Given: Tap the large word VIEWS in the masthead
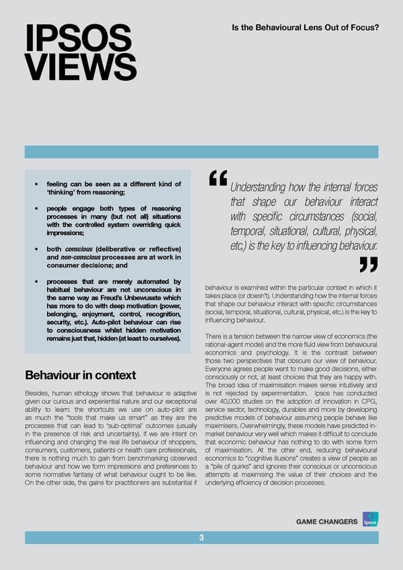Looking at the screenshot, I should [x=80, y=67].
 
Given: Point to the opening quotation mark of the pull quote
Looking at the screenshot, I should [x=218, y=177].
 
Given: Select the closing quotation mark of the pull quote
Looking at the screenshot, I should [x=368, y=264].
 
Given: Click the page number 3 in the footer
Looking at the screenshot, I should [x=201, y=538].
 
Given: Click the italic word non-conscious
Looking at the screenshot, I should [x=81, y=260].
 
